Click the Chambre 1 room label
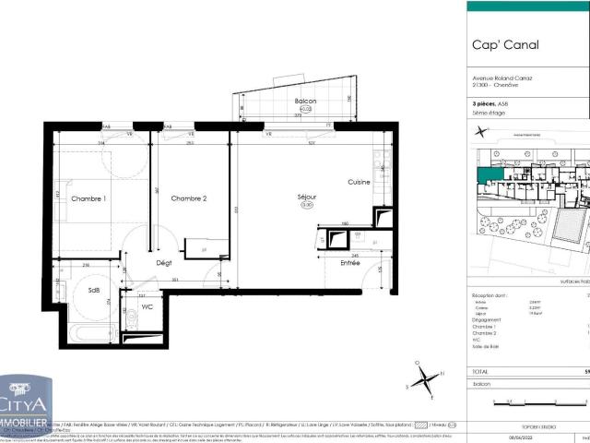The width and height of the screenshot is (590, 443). pyautogui.click(x=88, y=198)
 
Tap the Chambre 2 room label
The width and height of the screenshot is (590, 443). pyautogui.click(x=189, y=198)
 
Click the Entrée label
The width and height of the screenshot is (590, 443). pyautogui.click(x=350, y=263)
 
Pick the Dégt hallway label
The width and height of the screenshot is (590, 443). pyautogui.click(x=164, y=263)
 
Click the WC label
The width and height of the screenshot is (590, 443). pyautogui.click(x=147, y=308)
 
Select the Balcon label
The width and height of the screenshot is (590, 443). pyautogui.click(x=305, y=101)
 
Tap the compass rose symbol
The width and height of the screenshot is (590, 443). pyautogui.click(x=423, y=377)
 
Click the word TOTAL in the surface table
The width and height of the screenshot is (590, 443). pyautogui.click(x=483, y=369)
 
